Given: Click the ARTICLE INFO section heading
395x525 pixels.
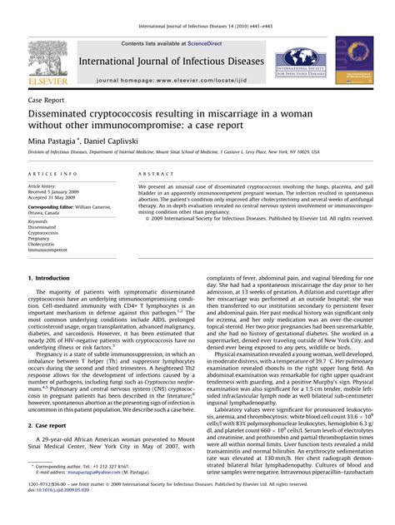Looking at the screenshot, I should coord(54,174).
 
